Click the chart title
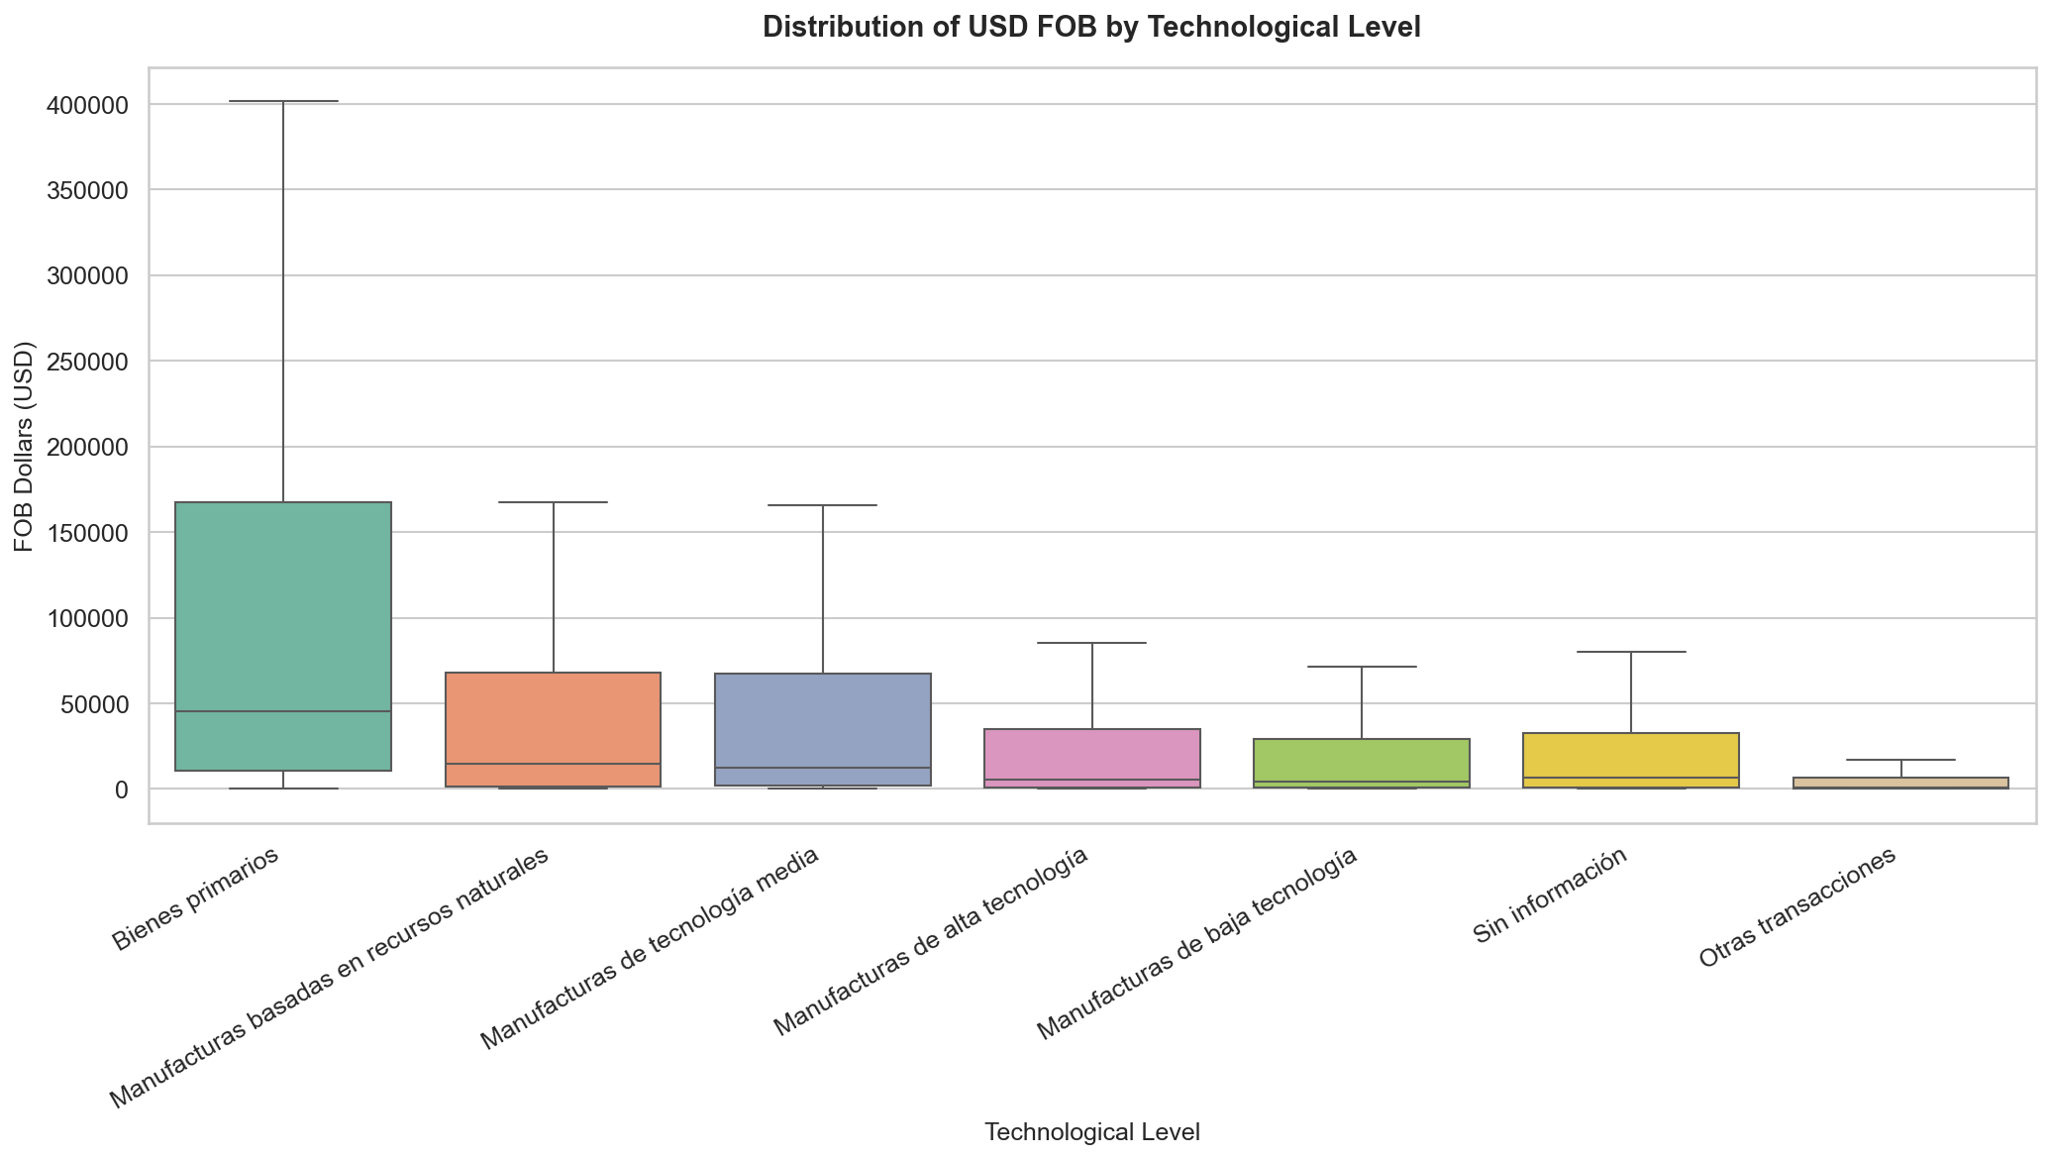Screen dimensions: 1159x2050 coord(1091,28)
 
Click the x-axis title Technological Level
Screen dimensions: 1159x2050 coord(1091,1132)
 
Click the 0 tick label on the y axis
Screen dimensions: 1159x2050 coord(121,790)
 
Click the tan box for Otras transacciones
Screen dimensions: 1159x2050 coord(1900,783)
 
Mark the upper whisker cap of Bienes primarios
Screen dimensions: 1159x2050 coord(283,101)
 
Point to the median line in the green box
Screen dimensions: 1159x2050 coord(283,711)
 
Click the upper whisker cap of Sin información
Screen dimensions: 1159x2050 coord(1631,652)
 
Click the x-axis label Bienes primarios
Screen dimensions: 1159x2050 coord(195,899)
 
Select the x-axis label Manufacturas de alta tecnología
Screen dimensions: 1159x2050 coord(931,941)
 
